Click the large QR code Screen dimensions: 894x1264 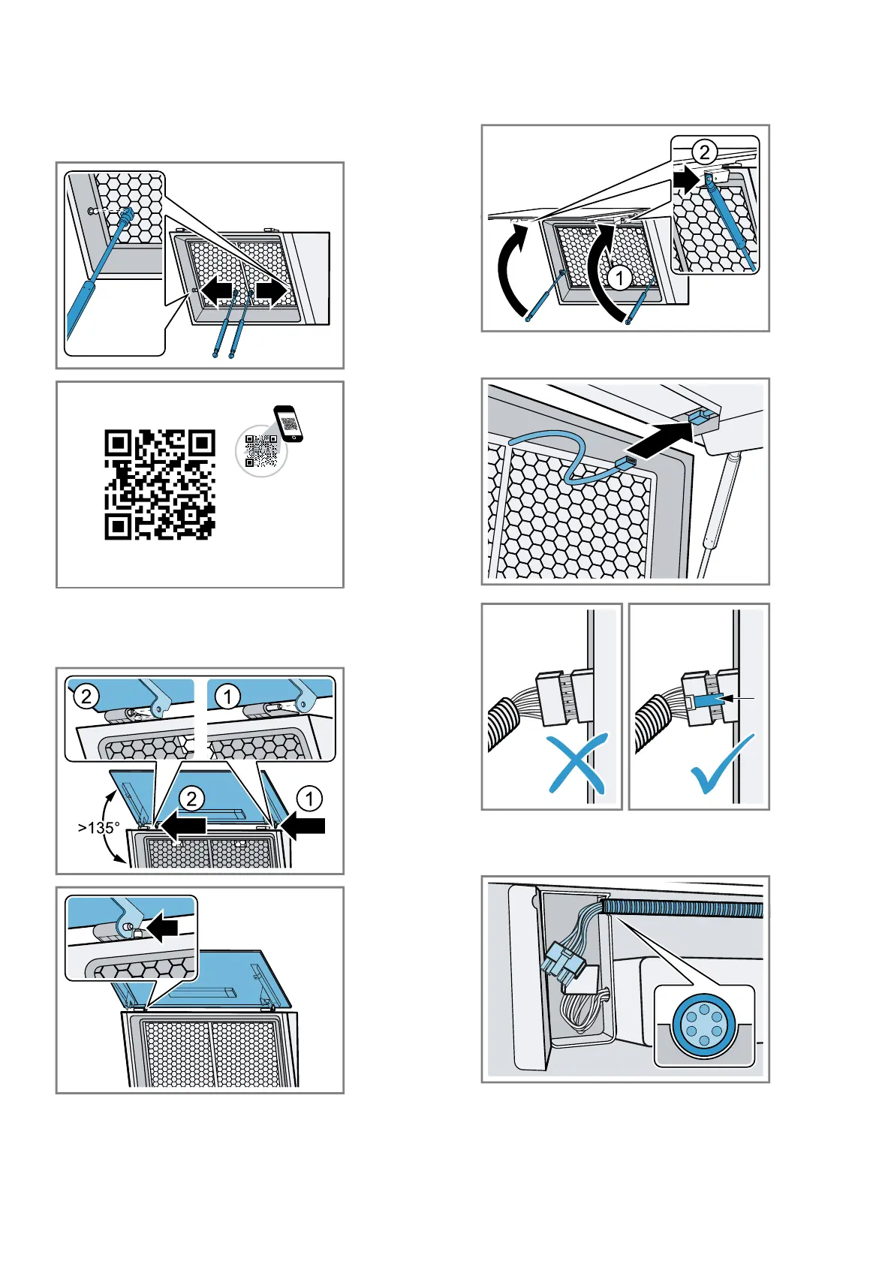pyautogui.click(x=160, y=484)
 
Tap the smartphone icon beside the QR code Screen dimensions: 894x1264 pyautogui.click(x=289, y=423)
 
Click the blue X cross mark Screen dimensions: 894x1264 pyautogui.click(x=576, y=764)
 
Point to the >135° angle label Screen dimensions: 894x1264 pyautogui.click(x=98, y=828)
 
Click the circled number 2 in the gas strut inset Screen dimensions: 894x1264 pyautogui.click(x=704, y=153)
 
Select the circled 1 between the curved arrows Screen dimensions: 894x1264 pyautogui.click(x=619, y=279)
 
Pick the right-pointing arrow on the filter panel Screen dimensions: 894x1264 pyautogui.click(x=272, y=292)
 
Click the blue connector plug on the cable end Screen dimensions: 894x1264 pyautogui.click(x=627, y=462)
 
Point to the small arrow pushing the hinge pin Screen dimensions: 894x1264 pyautogui.click(x=162, y=928)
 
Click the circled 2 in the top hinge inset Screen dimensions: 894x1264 pyautogui.click(x=86, y=697)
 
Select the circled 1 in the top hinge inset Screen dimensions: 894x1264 pyautogui.click(x=227, y=697)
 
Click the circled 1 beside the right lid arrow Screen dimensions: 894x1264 pyautogui.click(x=309, y=799)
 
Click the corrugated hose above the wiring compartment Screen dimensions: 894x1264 pyautogui.click(x=683, y=909)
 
